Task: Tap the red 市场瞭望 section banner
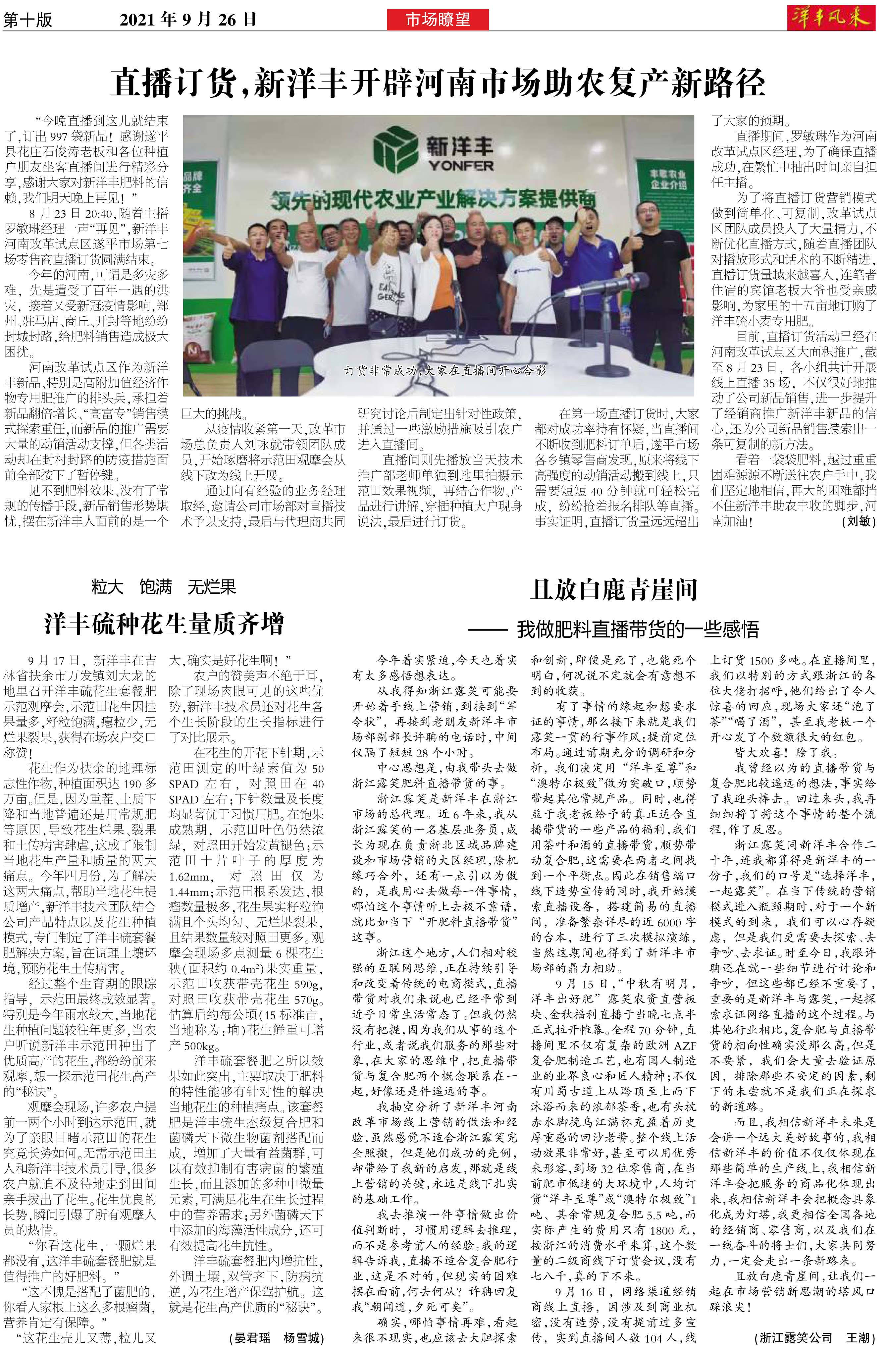click(438, 21)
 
